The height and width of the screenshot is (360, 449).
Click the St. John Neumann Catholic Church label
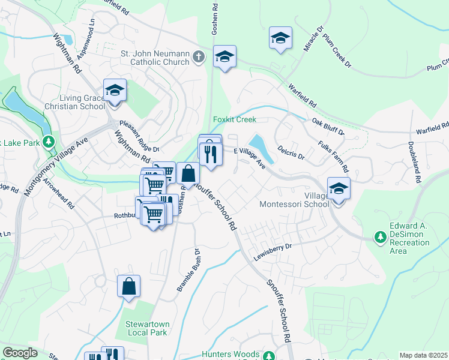[155, 58]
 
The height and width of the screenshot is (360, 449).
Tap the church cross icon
[199, 58]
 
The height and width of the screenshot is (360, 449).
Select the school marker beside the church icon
[224, 57]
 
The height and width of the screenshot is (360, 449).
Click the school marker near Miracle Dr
[280, 38]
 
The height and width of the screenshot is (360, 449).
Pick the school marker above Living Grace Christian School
[115, 91]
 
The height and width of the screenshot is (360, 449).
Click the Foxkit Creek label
[235, 119]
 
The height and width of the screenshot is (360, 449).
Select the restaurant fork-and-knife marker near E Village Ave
[210, 154]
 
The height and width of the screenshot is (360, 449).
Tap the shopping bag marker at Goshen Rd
[188, 174]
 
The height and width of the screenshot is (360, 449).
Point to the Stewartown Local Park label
[147, 328]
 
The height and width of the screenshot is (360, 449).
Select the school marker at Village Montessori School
[339, 189]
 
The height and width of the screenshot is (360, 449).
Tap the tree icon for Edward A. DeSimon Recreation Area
[380, 238]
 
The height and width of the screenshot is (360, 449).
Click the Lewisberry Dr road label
[271, 245]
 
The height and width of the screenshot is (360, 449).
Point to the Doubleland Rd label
[412, 162]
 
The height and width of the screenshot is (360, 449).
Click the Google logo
[20, 353]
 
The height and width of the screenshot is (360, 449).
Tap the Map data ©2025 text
[423, 355]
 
